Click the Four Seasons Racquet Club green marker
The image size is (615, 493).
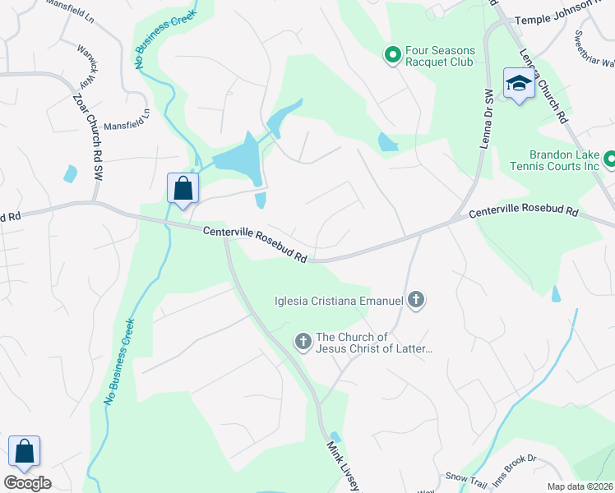(x=393, y=56)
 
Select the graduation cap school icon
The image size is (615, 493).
(x=519, y=84)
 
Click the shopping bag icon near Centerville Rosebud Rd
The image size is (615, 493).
(x=183, y=188)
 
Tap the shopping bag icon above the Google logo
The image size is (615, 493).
(x=25, y=451)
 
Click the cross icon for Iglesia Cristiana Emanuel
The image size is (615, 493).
(x=416, y=300)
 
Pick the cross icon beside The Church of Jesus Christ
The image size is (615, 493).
(x=303, y=341)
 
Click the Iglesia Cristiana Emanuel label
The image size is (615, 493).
(x=338, y=301)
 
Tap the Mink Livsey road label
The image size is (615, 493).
(x=342, y=466)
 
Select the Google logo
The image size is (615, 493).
(x=27, y=483)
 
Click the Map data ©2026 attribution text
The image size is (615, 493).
(x=580, y=486)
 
